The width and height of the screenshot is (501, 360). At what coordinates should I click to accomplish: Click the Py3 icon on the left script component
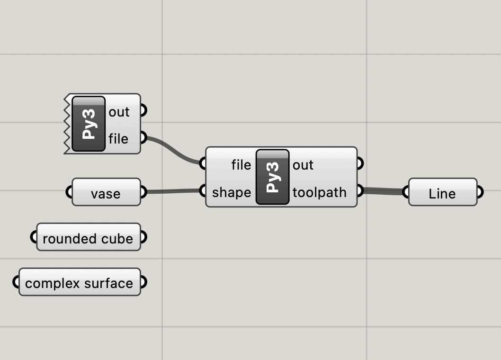pos(88,124)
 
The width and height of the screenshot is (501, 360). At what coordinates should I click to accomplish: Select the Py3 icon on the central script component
pos(272,177)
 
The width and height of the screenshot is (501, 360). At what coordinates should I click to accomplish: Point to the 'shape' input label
pos(232,192)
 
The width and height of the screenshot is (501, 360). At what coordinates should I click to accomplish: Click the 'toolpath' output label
pos(320,192)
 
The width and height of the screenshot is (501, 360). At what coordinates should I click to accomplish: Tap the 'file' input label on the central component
pos(241,165)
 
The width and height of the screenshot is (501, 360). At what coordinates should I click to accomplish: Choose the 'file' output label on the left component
pos(118,138)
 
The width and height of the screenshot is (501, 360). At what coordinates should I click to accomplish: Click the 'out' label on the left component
pos(119,112)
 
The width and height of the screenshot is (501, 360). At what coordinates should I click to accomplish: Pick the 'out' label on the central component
pos(303,165)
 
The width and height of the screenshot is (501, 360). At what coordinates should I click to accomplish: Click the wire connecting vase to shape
pos(173,192)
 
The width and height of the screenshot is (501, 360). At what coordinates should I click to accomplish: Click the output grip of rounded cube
pos(143,237)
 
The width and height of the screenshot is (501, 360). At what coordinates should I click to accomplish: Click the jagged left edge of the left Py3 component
pos(67,124)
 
